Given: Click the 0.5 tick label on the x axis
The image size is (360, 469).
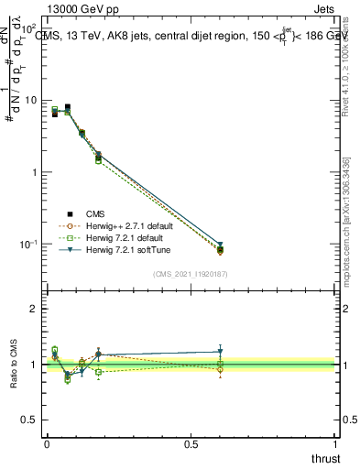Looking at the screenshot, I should (191, 444).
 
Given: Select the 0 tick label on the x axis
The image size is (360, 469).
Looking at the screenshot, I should (47, 444).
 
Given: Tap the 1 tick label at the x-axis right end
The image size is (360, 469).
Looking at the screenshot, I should (335, 444).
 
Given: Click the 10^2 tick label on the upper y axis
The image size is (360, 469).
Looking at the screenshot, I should (27, 29).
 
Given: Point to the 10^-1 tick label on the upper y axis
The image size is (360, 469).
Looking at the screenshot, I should (27, 244).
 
